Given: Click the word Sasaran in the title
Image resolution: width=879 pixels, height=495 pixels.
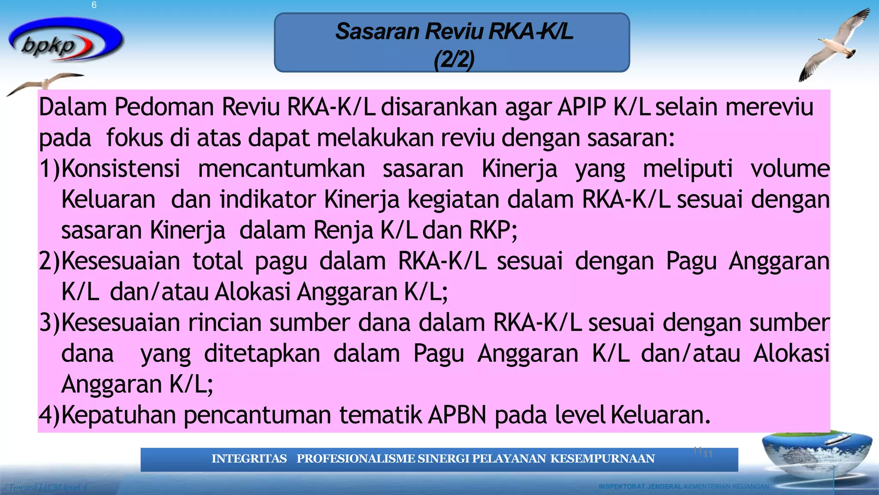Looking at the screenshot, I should pyautogui.click(x=377, y=31).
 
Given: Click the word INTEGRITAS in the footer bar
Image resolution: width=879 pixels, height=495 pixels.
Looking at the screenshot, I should pyautogui.click(x=249, y=459).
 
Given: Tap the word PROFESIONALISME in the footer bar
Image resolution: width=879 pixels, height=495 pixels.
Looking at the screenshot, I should pyautogui.click(x=356, y=459).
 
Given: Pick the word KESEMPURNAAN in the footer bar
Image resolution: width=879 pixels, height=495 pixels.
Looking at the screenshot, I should pyautogui.click(x=603, y=459).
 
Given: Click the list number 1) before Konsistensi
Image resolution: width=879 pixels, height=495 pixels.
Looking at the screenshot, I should pyautogui.click(x=50, y=168).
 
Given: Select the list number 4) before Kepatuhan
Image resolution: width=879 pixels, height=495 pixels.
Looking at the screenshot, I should pyautogui.click(x=50, y=415).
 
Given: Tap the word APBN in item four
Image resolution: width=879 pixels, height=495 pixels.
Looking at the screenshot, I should pyautogui.click(x=458, y=415).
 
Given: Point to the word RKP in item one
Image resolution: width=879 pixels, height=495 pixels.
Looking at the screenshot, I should pyautogui.click(x=490, y=230).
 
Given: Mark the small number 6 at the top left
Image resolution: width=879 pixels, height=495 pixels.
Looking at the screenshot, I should pyautogui.click(x=94, y=5).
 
